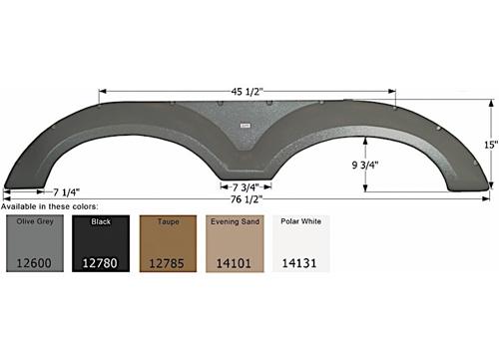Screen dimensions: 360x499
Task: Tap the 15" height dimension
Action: pos(489,144)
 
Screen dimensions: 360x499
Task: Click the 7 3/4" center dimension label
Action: pos(245,186)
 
